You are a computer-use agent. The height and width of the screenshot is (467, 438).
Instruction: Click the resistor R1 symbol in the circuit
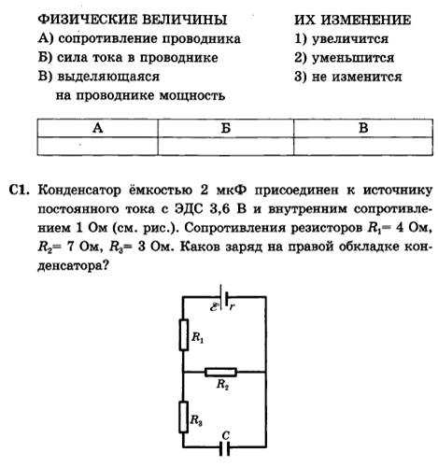click(x=184, y=334)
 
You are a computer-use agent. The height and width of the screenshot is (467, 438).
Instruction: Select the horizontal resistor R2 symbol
click(x=220, y=372)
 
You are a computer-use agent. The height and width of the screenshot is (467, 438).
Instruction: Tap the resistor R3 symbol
click(x=183, y=417)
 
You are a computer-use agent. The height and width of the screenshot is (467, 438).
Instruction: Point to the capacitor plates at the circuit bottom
click(x=224, y=449)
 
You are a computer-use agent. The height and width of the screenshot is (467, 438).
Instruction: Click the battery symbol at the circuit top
click(x=224, y=297)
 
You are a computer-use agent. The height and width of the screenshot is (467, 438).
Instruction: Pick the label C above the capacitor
click(x=225, y=435)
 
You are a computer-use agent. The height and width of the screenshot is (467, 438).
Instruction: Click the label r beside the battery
click(x=232, y=306)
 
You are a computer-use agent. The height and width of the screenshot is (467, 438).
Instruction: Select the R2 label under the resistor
click(x=222, y=385)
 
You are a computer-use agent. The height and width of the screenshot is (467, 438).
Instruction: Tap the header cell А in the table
click(x=97, y=128)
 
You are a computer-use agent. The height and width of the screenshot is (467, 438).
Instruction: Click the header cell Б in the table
click(x=226, y=128)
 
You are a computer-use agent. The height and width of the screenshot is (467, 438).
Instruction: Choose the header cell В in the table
click(x=363, y=128)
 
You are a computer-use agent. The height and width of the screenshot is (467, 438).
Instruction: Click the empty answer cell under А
click(x=97, y=146)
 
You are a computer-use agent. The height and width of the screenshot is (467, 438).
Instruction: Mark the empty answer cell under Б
click(x=226, y=146)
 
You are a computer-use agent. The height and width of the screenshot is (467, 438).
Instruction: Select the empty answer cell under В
click(x=363, y=146)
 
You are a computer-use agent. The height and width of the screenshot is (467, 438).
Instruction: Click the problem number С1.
click(x=20, y=190)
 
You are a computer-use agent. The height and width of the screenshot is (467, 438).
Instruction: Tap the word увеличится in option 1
click(x=350, y=39)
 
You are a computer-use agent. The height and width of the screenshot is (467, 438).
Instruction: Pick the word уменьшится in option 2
click(x=353, y=58)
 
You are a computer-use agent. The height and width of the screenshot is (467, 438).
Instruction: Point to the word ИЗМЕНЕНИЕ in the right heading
click(x=366, y=20)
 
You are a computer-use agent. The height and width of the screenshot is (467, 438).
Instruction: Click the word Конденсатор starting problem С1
click(x=79, y=190)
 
